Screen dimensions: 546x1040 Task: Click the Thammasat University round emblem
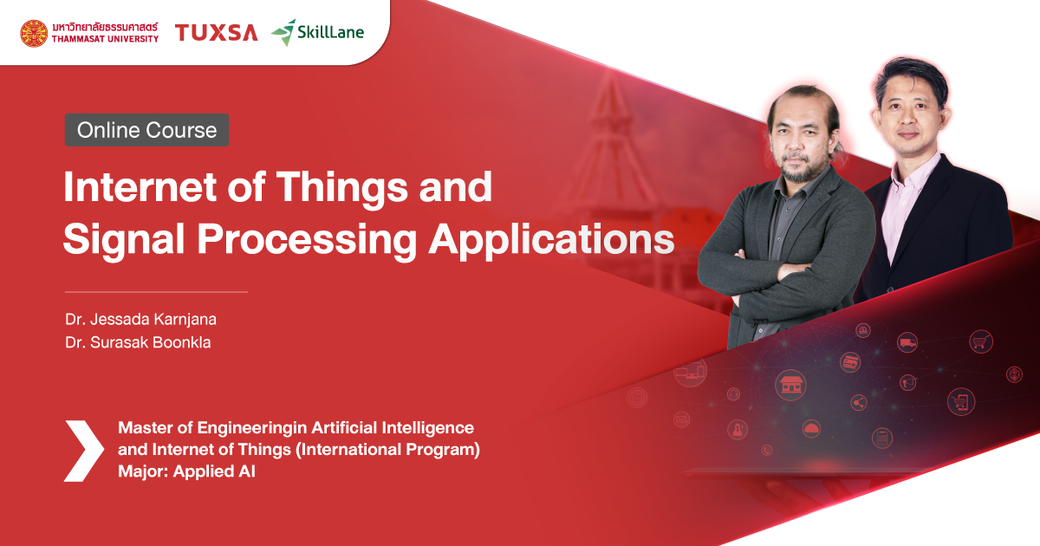[x=34, y=33]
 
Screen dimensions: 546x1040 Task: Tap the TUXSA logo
[x=216, y=33]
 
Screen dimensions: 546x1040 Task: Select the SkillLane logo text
[x=331, y=33]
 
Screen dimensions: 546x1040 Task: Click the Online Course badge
[x=146, y=130]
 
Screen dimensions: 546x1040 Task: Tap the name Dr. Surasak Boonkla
[x=138, y=342]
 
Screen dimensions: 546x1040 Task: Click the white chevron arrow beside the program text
[x=83, y=451]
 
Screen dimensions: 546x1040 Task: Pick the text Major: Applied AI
[x=186, y=473]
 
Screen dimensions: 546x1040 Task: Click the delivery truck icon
[x=907, y=342]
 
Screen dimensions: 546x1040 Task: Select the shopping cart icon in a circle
[x=980, y=341]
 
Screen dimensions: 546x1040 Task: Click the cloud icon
[x=811, y=426]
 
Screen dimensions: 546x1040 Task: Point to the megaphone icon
[x=907, y=382]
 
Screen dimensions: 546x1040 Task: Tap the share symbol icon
[x=859, y=402]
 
